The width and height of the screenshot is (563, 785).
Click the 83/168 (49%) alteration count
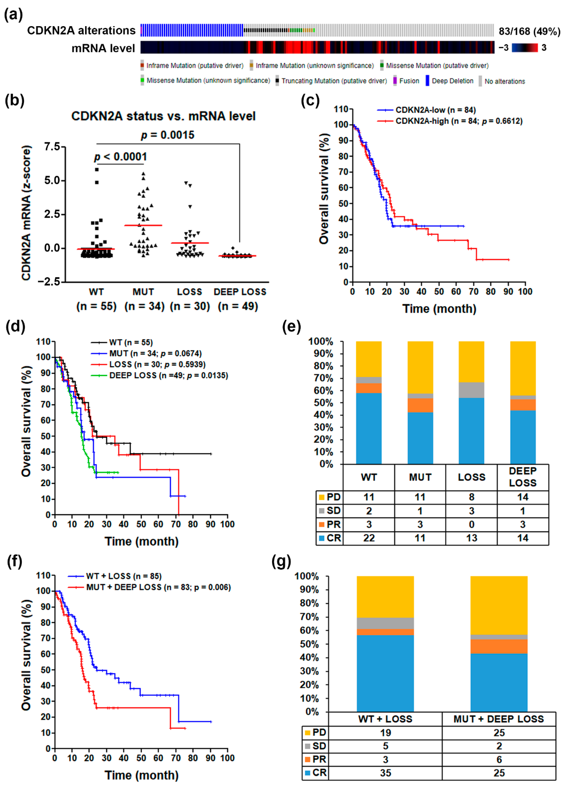pyautogui.click(x=529, y=31)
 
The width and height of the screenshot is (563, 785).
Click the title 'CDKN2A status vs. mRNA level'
pyautogui.click(x=163, y=116)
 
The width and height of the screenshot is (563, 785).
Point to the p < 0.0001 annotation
pyautogui.click(x=120, y=157)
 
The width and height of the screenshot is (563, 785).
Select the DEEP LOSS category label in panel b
pyautogui.click(x=240, y=292)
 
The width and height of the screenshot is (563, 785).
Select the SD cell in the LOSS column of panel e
pyautogui.click(x=471, y=511)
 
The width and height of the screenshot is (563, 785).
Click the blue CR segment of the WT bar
pyautogui.click(x=369, y=429)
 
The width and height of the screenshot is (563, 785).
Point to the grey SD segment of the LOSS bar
pyautogui.click(x=471, y=390)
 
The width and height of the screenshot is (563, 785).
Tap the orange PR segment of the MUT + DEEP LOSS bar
pyautogui.click(x=499, y=646)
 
